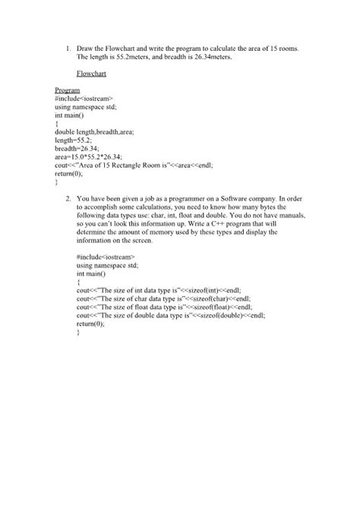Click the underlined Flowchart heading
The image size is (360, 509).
tap(91, 74)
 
